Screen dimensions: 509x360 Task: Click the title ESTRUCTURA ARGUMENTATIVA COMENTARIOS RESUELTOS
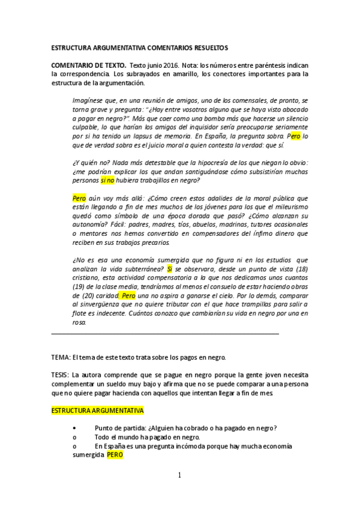click(139, 47)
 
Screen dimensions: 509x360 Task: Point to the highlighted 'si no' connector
click(107, 180)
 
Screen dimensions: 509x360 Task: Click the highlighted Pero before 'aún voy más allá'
click(79, 197)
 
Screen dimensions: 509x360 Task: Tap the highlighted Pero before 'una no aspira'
click(128, 296)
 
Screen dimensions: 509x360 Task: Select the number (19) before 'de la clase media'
click(79, 287)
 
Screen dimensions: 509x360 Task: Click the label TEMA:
click(61, 357)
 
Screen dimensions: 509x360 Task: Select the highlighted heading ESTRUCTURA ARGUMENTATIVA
click(98, 411)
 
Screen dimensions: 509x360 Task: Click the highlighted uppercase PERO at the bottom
click(115, 455)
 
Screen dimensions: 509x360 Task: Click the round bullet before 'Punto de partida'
click(74, 428)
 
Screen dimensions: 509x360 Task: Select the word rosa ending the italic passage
click(78, 322)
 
